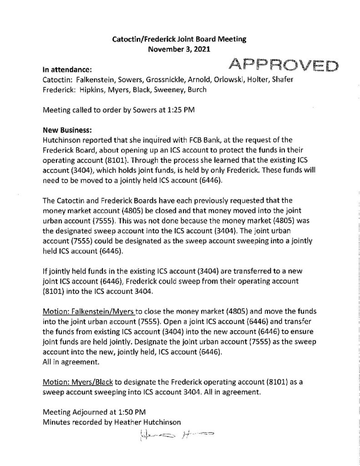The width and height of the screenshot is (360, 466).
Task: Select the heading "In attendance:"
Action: tap(67, 71)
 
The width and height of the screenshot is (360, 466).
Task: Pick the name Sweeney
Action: tap(165, 90)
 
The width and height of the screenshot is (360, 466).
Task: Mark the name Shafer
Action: tap(286, 80)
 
